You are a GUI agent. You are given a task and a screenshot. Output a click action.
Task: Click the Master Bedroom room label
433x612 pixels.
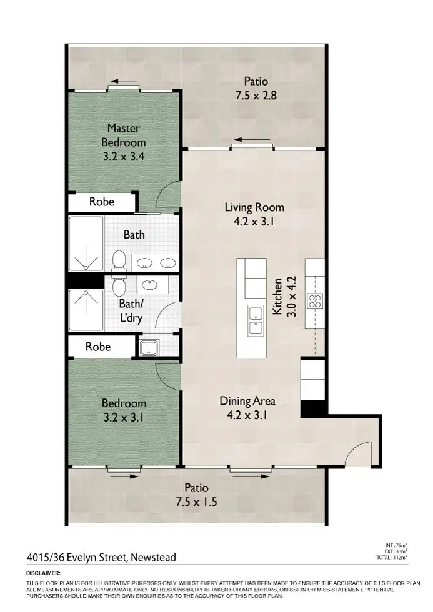(x=124, y=142)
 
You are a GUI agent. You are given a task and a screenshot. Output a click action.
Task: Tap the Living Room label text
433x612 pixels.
(x=254, y=214)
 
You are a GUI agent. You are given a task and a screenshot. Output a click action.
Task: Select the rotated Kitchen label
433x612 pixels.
(x=284, y=298)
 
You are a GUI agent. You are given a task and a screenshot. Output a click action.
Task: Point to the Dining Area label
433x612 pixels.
(x=247, y=407)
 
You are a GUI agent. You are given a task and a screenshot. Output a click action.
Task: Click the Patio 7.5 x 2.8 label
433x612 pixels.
(x=255, y=88)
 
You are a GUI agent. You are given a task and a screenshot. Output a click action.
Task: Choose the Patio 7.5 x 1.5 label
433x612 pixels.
(x=196, y=495)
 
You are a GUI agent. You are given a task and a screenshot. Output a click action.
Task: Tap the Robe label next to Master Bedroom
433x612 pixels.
(x=101, y=202)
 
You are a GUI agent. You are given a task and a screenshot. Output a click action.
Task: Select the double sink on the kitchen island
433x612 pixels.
(x=255, y=320)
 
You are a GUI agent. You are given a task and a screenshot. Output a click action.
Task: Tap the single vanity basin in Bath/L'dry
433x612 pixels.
(x=150, y=285)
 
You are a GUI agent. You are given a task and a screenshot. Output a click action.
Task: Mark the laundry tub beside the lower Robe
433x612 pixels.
(x=149, y=348)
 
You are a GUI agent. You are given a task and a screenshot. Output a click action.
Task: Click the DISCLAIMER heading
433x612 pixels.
(x=43, y=573)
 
